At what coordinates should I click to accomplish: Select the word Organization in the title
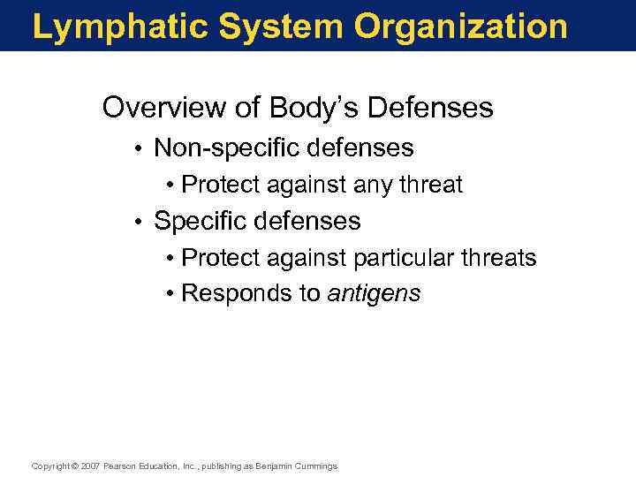[x=460, y=26]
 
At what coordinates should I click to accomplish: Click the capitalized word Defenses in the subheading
[x=430, y=109]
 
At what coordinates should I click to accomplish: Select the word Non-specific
[x=227, y=148]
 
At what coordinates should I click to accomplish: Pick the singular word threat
[x=432, y=185]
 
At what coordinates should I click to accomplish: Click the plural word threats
[x=503, y=258]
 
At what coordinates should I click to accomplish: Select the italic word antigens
[x=374, y=294]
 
